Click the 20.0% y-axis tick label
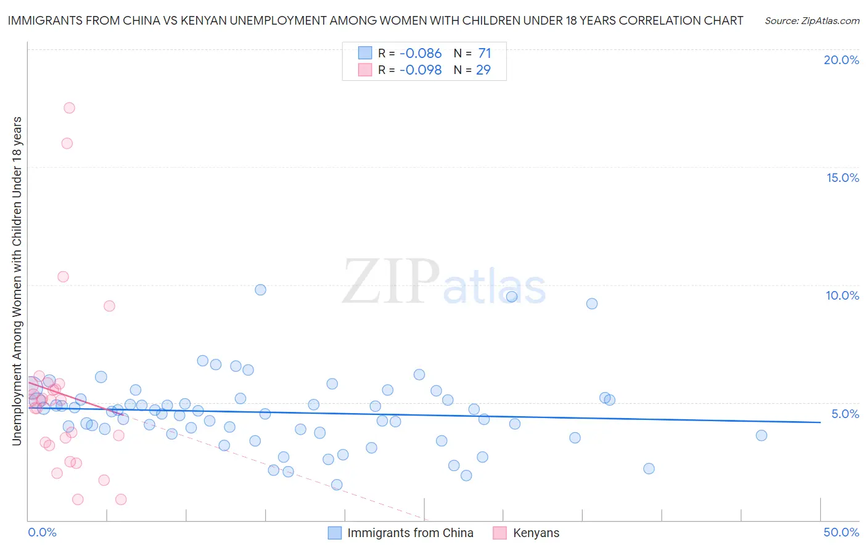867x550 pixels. click(841, 60)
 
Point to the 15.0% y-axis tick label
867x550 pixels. click(842, 178)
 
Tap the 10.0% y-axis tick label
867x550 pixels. click(842, 295)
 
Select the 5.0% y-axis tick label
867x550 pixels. click(845, 414)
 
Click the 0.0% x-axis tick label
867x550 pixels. click(42, 532)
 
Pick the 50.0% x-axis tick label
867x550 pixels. click(841, 532)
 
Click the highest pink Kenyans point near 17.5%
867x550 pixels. click(69, 108)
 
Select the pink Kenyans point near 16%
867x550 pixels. click(67, 144)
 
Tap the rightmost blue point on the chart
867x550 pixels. click(762, 435)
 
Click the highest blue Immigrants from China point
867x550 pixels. click(260, 290)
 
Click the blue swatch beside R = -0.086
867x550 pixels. click(365, 53)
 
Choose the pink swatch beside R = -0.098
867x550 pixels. click(365, 70)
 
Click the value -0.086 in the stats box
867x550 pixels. click(421, 53)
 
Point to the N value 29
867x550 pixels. click(483, 70)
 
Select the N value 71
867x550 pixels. click(485, 53)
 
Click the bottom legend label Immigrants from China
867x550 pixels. click(410, 533)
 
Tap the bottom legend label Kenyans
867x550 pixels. click(536, 533)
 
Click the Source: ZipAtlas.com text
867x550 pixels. click(812, 20)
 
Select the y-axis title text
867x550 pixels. click(17, 281)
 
